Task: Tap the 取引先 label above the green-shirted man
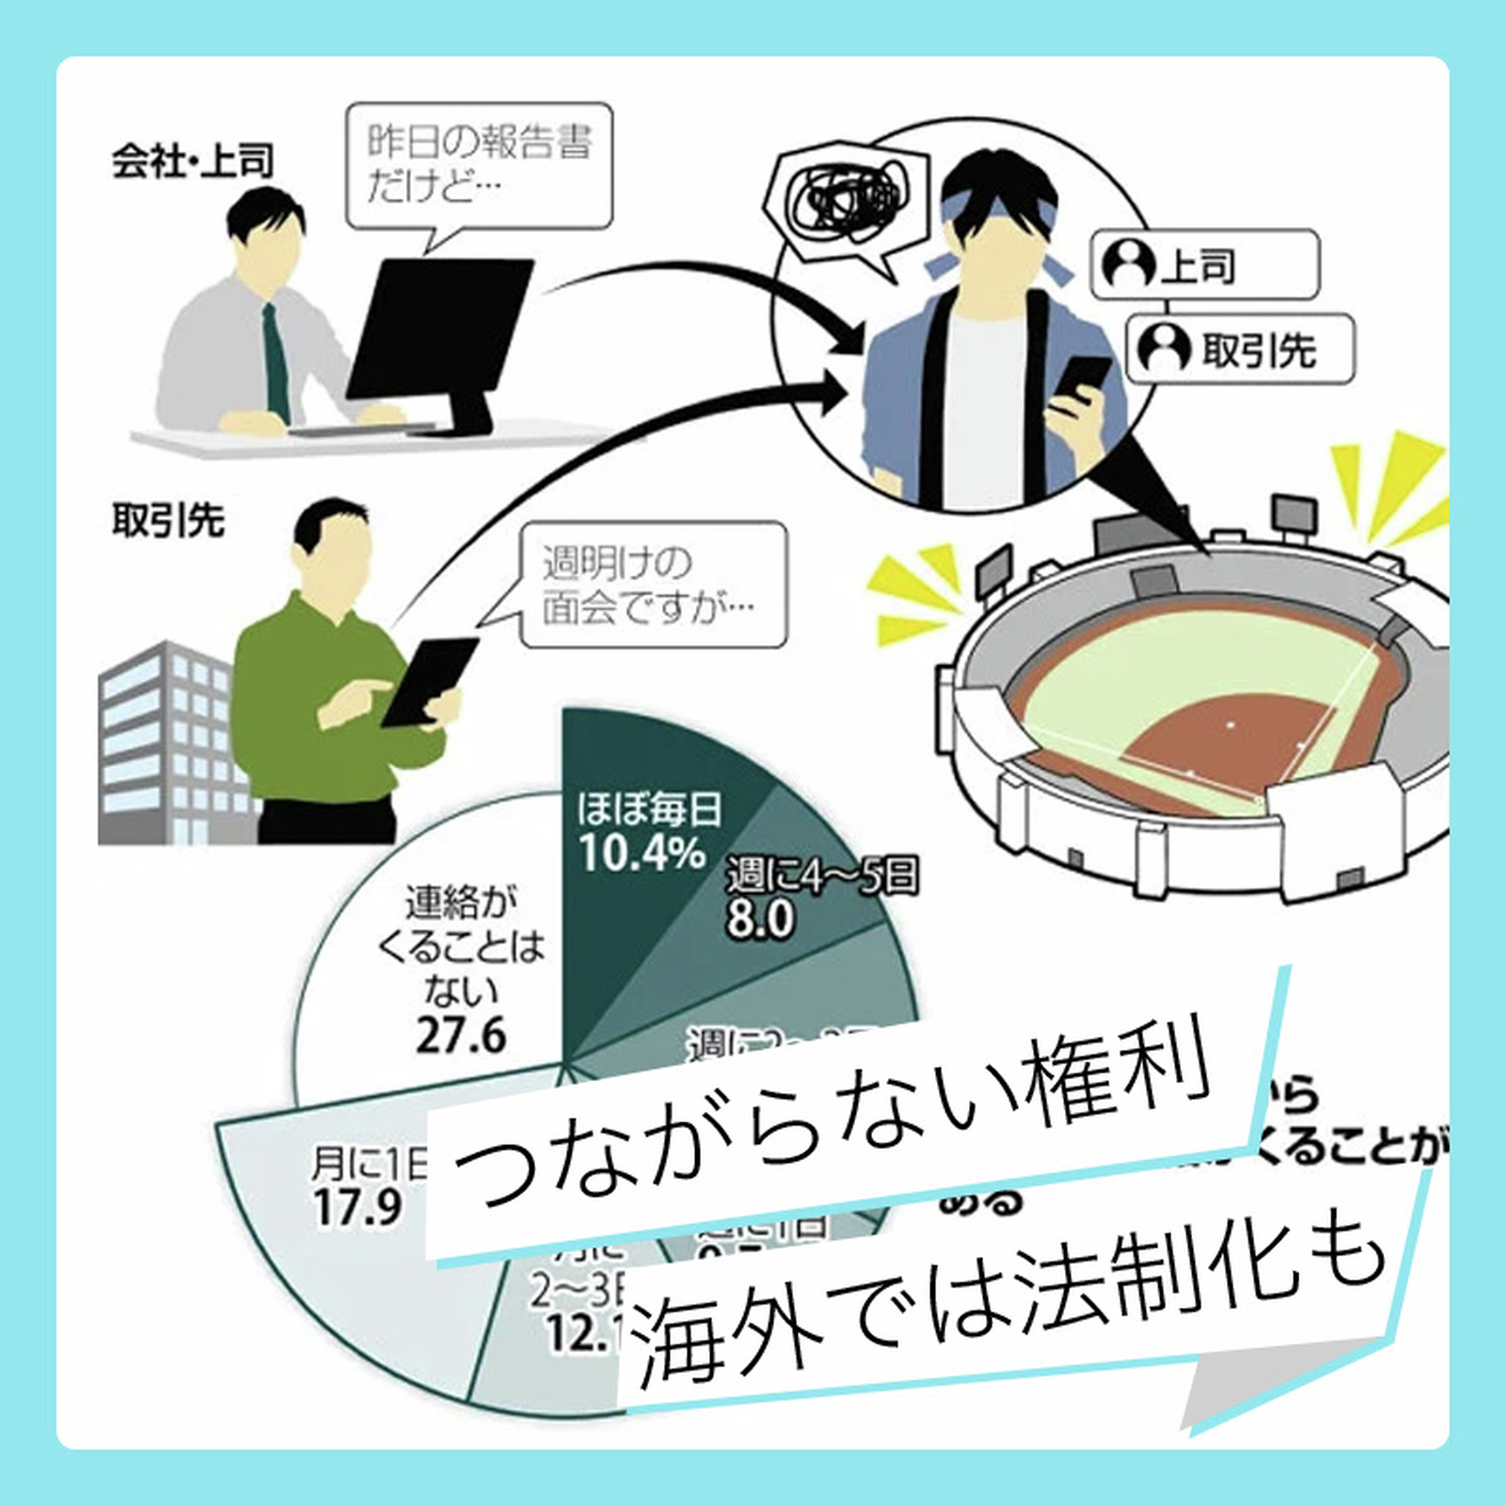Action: [x=168, y=520]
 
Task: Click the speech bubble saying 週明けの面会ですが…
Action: [x=653, y=585]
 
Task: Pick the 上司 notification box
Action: [x=1204, y=265]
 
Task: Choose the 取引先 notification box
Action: [x=1239, y=349]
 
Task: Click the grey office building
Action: [x=168, y=744]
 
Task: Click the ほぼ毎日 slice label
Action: [x=649, y=811]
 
